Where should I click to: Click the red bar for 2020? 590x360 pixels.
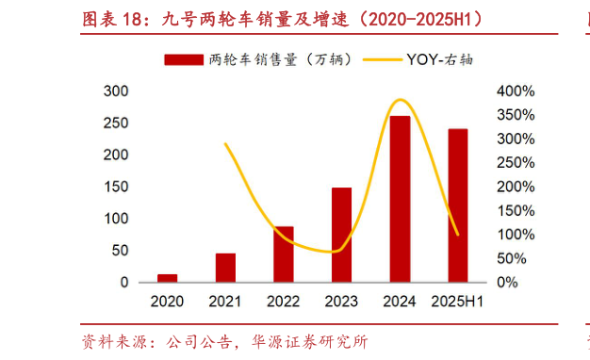(x=167, y=278)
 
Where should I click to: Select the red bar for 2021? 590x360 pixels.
(x=225, y=268)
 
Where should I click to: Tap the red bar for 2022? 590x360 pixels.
(x=284, y=254)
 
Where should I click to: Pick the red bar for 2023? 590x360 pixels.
(x=341, y=235)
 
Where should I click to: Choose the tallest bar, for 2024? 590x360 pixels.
(x=400, y=199)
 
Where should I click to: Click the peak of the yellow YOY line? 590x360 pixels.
(x=400, y=100)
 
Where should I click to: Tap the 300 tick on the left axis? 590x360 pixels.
(x=116, y=91)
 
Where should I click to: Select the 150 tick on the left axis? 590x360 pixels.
(x=116, y=187)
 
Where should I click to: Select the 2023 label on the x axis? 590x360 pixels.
(x=341, y=303)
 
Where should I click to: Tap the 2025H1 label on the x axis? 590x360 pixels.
(x=458, y=303)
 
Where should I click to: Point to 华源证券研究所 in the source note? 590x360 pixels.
(x=311, y=340)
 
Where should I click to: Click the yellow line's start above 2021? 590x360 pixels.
(x=225, y=144)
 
